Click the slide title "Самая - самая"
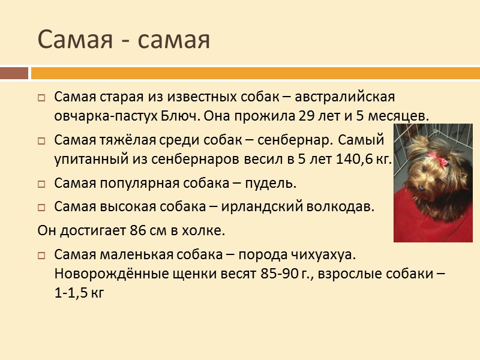pyautogui.click(x=124, y=40)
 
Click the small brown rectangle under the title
pyautogui.click(x=14, y=73)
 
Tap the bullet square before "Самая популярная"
pyautogui.click(x=41, y=183)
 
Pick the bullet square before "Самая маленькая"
pyautogui.click(x=41, y=255)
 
